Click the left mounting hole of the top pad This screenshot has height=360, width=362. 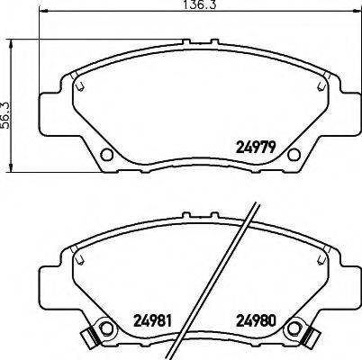[105, 156]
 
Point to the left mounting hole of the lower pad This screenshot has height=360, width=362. [105, 328]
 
